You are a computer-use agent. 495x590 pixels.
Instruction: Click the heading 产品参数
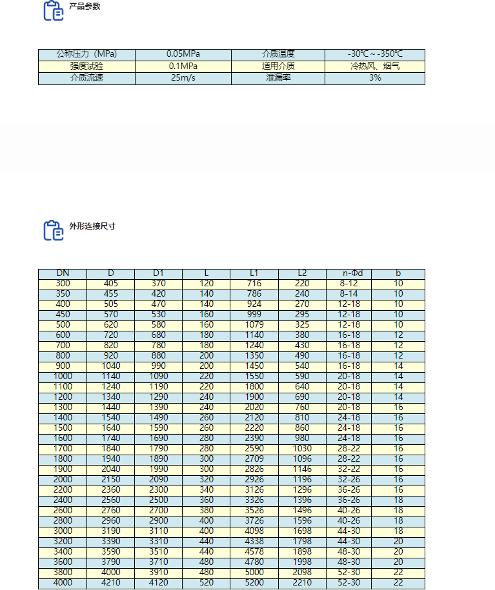coord(85,6)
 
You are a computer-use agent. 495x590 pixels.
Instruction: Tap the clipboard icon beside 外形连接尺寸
coord(53,230)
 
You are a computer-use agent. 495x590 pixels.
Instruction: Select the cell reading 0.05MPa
coord(183,54)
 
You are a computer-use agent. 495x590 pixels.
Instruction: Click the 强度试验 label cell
coord(86,66)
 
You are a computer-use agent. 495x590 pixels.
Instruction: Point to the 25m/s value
coord(183,78)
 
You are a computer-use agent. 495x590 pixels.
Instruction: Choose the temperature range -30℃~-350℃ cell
coord(374,54)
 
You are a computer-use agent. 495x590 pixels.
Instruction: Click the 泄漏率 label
coord(278,78)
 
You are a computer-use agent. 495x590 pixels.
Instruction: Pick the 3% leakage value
coord(374,78)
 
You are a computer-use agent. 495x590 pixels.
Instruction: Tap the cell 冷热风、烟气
coord(374,66)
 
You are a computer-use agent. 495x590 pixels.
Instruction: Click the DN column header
coord(63,273)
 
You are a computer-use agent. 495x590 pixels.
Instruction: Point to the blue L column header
coord(207,273)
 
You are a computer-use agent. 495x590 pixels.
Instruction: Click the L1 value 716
coord(254,284)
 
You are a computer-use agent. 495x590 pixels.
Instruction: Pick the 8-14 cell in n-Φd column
coord(349,294)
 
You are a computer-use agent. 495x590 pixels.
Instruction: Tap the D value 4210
coord(111,584)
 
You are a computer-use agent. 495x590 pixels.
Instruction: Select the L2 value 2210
coord(302,584)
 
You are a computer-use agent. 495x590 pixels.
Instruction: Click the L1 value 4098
coord(254,531)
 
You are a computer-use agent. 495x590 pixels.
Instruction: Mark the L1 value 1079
coord(254,325)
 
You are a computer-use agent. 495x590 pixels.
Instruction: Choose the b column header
coord(398,273)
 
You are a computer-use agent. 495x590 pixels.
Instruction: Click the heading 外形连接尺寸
coord(92,226)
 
